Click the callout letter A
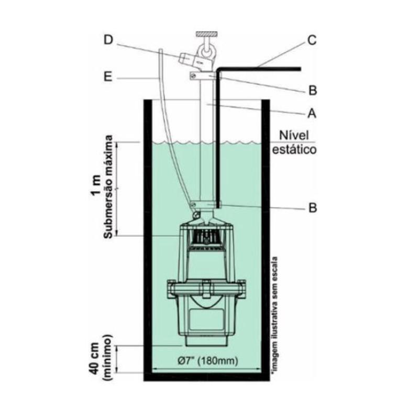click(x=312, y=113)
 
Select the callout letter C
click(x=312, y=41)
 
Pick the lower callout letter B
click(x=313, y=207)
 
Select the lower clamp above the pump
click(x=204, y=204)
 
